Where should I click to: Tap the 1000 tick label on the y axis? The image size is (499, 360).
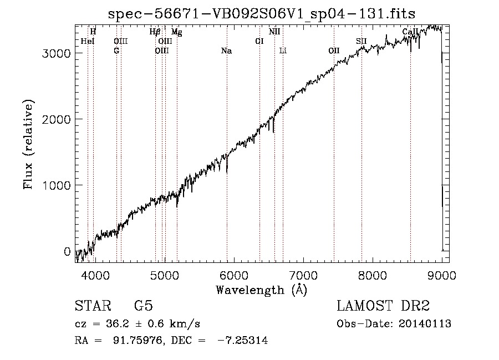[57, 185]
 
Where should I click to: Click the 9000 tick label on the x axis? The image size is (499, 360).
[441, 275]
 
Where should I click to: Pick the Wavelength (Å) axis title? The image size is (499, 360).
[261, 289]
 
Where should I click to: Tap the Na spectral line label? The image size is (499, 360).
[226, 51]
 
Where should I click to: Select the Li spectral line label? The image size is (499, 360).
[283, 51]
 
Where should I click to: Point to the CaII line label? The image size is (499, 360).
[410, 32]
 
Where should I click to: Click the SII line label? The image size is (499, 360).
[361, 41]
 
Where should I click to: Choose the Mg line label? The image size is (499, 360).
[176, 32]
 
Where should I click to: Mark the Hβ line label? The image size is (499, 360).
[155, 32]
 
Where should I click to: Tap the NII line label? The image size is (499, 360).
[274, 32]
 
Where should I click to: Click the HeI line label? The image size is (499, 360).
[88, 41]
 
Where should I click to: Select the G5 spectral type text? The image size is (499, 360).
[143, 306]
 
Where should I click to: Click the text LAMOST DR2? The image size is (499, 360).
[383, 306]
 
